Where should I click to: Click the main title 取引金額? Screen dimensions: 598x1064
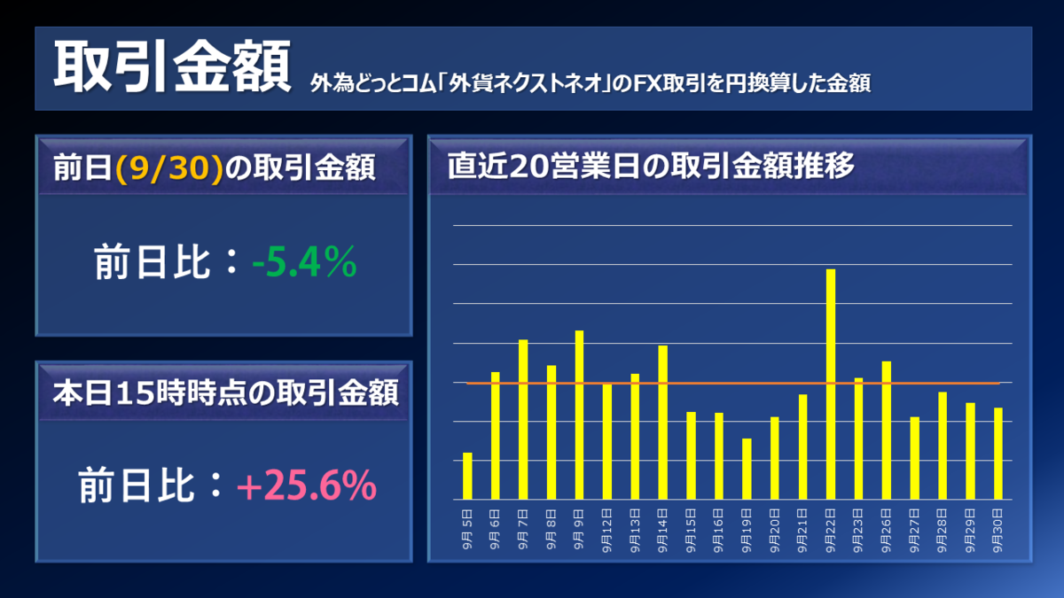pyautogui.click(x=172, y=68)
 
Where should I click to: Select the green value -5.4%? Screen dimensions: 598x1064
pyautogui.click(x=304, y=263)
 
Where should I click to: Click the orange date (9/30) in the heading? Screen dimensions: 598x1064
pyautogui.click(x=168, y=167)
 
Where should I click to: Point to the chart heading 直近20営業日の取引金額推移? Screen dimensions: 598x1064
pyautogui.click(x=651, y=166)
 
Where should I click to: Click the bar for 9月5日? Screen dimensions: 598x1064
pyautogui.click(x=467, y=476)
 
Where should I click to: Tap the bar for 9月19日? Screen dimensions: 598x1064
pyautogui.click(x=747, y=469)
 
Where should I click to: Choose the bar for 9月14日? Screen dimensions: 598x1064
pyautogui.click(x=663, y=422)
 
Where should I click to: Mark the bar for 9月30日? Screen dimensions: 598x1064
pyautogui.click(x=998, y=453)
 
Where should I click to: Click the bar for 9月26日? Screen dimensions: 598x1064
pyautogui.click(x=887, y=430)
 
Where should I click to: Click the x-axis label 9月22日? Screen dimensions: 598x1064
pyautogui.click(x=831, y=530)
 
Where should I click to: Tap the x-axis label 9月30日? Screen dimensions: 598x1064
pyautogui.click(x=998, y=530)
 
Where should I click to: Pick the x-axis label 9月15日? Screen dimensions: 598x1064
pyautogui.click(x=691, y=530)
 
